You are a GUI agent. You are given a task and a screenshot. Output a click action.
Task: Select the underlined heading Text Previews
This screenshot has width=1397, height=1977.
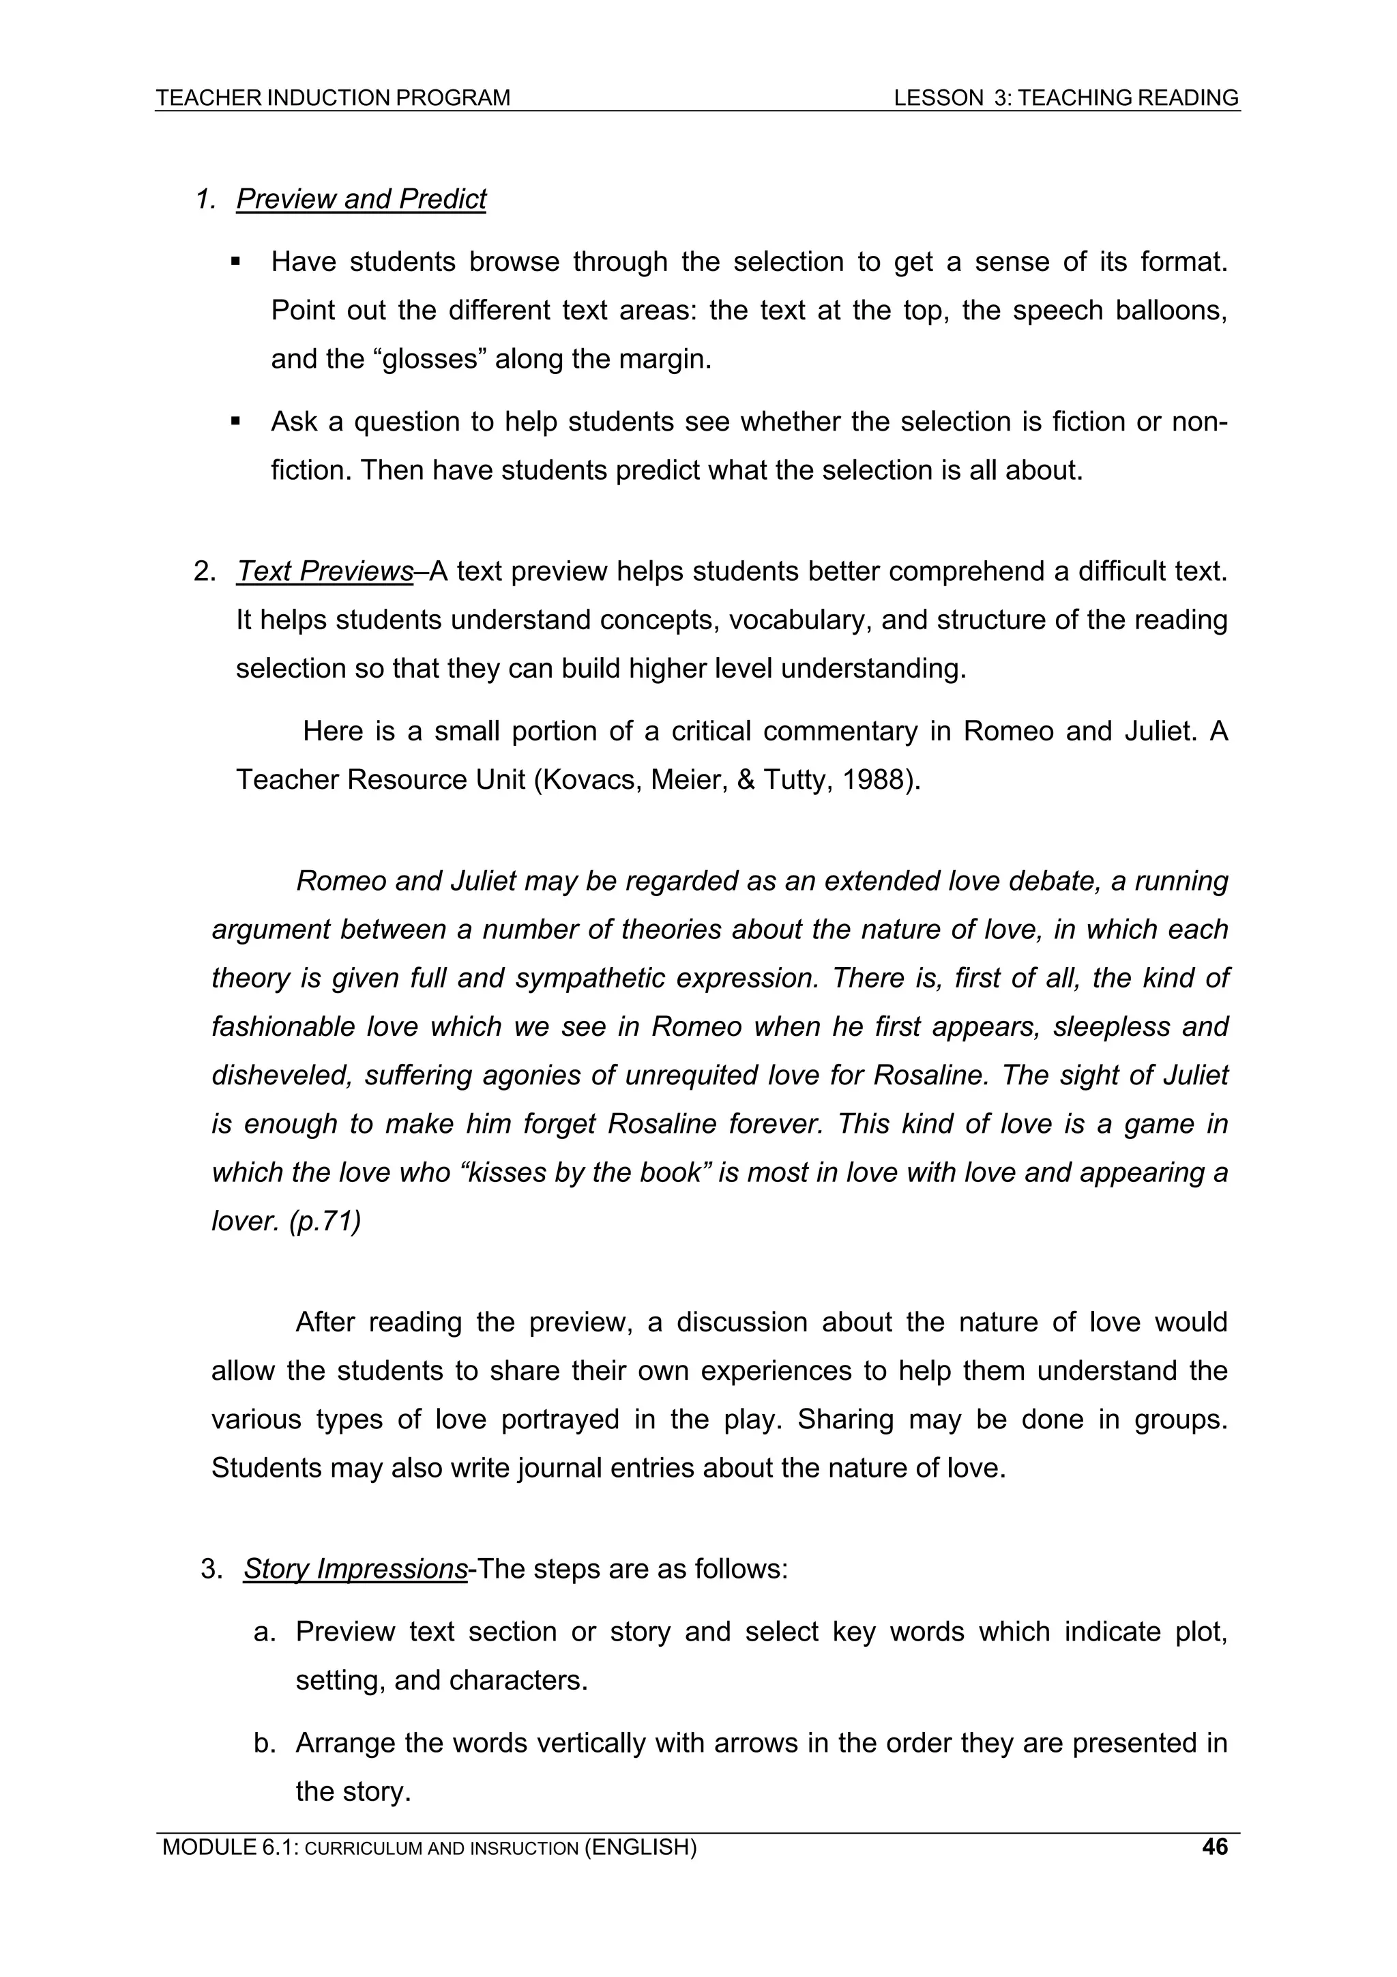pos(325,571)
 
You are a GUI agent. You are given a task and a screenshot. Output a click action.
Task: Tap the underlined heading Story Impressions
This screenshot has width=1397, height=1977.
pos(355,1568)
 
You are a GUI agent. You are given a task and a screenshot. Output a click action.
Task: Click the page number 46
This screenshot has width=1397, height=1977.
pos(1214,1846)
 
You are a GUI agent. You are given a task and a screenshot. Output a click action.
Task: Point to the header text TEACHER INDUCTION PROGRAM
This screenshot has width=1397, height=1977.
pos(333,98)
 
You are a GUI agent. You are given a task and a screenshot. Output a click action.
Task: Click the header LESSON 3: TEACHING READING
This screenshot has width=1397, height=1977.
pos(1065,98)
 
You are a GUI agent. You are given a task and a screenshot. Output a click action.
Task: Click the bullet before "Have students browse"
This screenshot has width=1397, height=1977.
pos(235,262)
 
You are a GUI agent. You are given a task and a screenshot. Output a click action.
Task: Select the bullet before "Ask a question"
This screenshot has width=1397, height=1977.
pos(235,422)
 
